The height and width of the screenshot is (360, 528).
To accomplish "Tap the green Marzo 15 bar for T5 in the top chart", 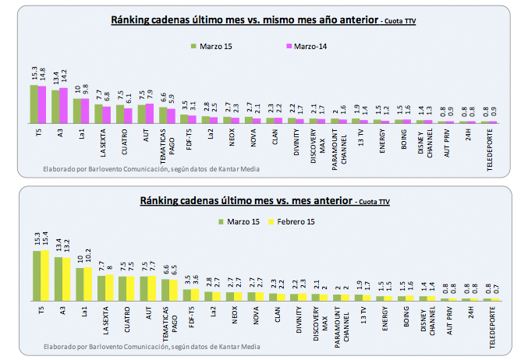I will coord(34,104).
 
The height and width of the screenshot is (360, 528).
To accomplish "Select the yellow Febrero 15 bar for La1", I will coord(87,284).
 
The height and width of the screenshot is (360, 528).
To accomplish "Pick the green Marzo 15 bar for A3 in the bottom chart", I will coord(58,278).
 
